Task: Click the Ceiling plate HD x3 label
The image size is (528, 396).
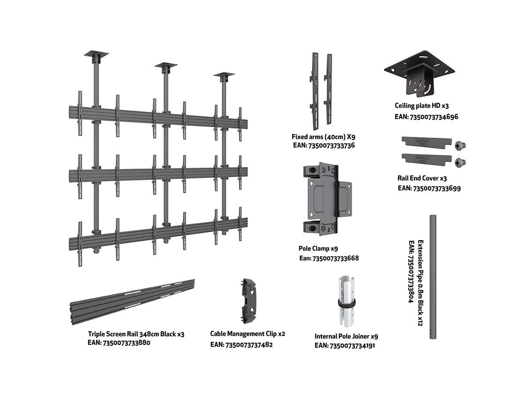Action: click(x=422, y=106)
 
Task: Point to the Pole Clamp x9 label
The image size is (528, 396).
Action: click(x=318, y=249)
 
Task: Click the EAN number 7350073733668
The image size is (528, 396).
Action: click(x=329, y=258)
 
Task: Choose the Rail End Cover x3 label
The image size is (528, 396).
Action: click(x=422, y=179)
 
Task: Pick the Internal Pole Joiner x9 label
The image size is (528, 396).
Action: click(x=346, y=336)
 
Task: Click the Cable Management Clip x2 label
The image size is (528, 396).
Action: click(x=247, y=334)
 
